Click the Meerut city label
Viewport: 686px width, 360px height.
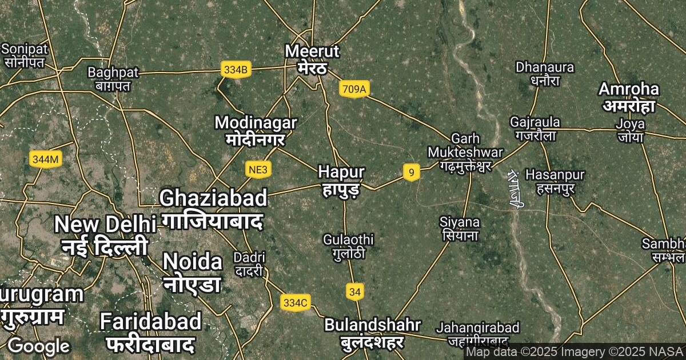[312, 59]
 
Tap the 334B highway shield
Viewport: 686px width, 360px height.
[236, 70]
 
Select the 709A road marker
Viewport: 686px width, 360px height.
[354, 89]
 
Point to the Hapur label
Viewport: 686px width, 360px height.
[341, 179]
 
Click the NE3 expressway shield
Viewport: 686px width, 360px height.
[258, 170]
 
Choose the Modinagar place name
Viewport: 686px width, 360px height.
[256, 130]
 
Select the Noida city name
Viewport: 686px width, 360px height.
[192, 271]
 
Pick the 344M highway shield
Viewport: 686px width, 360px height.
[45, 159]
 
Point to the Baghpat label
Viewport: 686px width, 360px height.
[113, 79]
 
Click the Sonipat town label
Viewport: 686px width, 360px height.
[24, 55]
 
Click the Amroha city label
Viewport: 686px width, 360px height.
[629, 97]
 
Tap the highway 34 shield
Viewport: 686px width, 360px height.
[355, 292]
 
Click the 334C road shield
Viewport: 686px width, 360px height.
[296, 302]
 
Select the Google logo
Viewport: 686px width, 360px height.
[39, 346]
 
